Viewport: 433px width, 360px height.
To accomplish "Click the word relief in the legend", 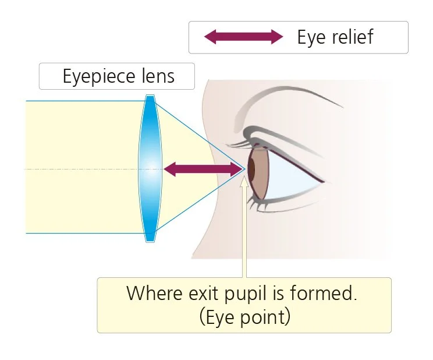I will coord(352,37).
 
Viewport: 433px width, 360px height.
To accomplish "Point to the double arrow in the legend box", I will coord(243,38).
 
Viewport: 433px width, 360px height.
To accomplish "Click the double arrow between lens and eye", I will coord(203,170).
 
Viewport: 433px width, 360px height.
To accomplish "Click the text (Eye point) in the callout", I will coord(244,317).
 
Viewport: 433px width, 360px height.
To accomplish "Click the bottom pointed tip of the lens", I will coord(150,241).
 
